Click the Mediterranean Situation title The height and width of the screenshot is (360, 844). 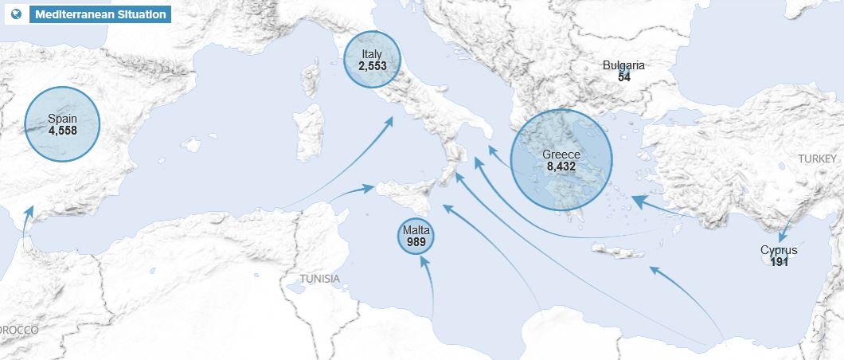[100, 14]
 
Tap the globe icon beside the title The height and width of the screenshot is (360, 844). [17, 14]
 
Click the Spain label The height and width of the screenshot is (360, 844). [62, 119]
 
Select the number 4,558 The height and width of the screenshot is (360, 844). [62, 131]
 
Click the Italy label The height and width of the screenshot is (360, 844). [372, 54]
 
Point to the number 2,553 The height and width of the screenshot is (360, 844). [372, 66]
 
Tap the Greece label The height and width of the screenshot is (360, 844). [561, 155]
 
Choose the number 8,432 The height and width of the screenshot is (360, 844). [561, 166]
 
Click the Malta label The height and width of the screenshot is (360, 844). [416, 230]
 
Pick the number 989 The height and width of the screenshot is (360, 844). [416, 241]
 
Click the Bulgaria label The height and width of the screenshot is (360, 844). [623, 65]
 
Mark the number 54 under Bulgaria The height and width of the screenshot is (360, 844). [623, 76]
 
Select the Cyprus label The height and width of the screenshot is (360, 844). [779, 250]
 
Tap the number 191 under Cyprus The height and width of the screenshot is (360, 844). [779, 261]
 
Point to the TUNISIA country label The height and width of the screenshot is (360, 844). [319, 279]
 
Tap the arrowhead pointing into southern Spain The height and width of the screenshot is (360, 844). [29, 212]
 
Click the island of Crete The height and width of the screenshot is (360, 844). [618, 252]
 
